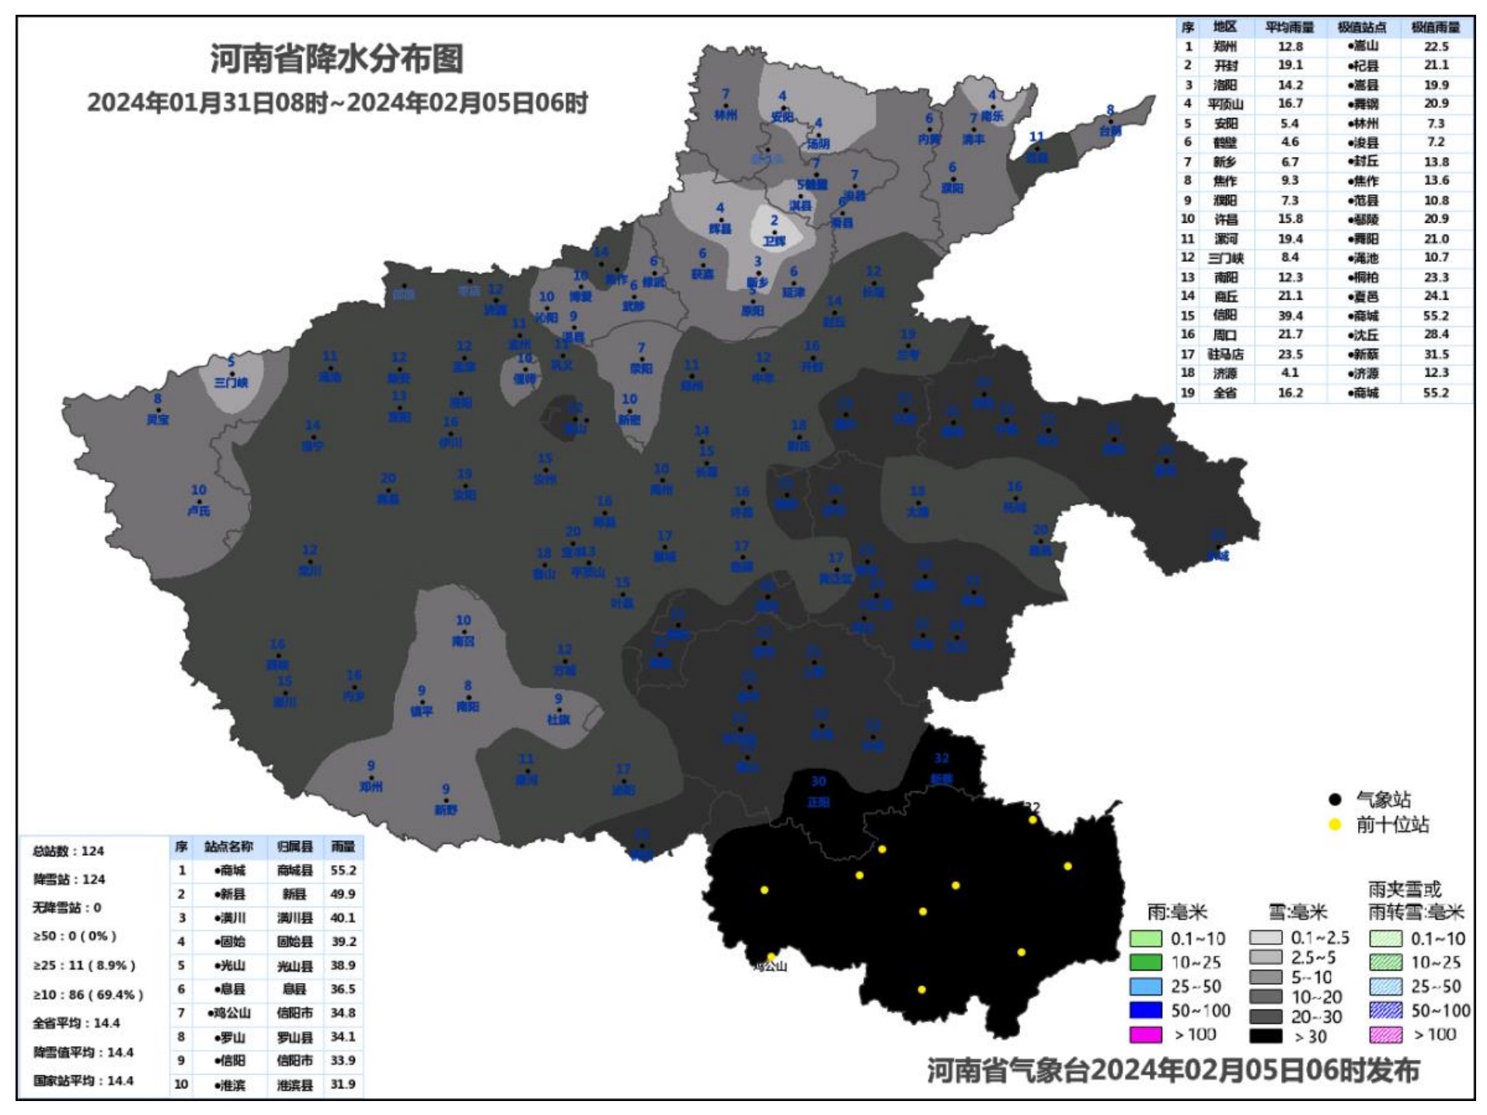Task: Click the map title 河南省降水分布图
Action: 336,59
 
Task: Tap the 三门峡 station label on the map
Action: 231,383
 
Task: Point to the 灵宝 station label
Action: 158,419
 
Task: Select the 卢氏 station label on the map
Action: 199,511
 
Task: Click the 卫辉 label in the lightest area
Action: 774,241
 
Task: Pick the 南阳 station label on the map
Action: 468,707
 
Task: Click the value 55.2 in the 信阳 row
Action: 1436,316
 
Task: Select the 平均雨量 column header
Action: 1290,27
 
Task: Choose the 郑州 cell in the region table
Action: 1225,47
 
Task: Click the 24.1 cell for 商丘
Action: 1436,296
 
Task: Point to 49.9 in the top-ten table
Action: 343,894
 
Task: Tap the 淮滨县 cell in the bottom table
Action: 295,1085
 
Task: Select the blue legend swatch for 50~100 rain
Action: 1146,1010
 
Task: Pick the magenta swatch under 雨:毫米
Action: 1146,1034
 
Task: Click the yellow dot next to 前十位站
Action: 1336,825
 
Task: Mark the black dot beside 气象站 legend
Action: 1336,800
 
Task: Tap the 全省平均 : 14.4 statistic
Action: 76,1023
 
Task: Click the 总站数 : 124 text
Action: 68,851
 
